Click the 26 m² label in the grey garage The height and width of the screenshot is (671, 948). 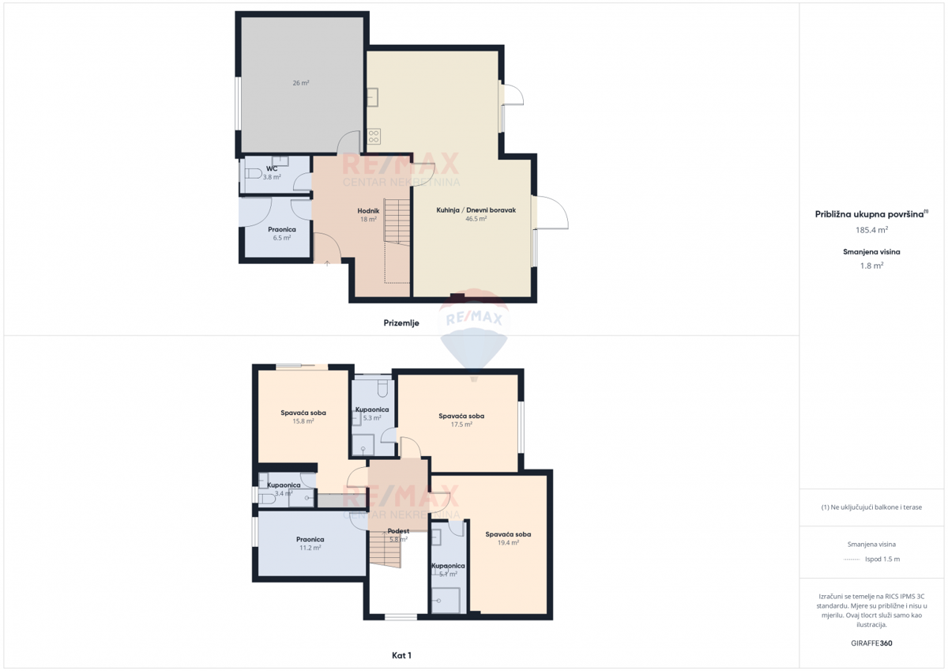300,83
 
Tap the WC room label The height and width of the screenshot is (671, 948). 272,169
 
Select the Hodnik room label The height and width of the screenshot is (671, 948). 369,210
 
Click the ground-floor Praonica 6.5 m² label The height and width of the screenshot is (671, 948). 282,229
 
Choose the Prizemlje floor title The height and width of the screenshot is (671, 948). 401,322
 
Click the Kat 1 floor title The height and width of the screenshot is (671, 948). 402,655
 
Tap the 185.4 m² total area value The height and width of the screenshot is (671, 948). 871,230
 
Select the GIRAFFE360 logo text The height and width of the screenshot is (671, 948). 871,643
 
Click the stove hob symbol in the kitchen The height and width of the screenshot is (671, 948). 374,135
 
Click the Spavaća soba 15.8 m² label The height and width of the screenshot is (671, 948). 303,413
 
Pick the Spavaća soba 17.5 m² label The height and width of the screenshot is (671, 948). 461,416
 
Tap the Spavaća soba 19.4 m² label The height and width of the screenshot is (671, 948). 508,534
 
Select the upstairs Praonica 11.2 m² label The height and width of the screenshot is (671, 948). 310,539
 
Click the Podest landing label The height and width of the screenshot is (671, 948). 398,531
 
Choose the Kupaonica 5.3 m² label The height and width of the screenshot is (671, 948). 372,409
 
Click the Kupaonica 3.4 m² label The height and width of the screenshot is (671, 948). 284,485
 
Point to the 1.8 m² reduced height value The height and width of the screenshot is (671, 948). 871,266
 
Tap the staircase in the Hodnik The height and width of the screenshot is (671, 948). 397,221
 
